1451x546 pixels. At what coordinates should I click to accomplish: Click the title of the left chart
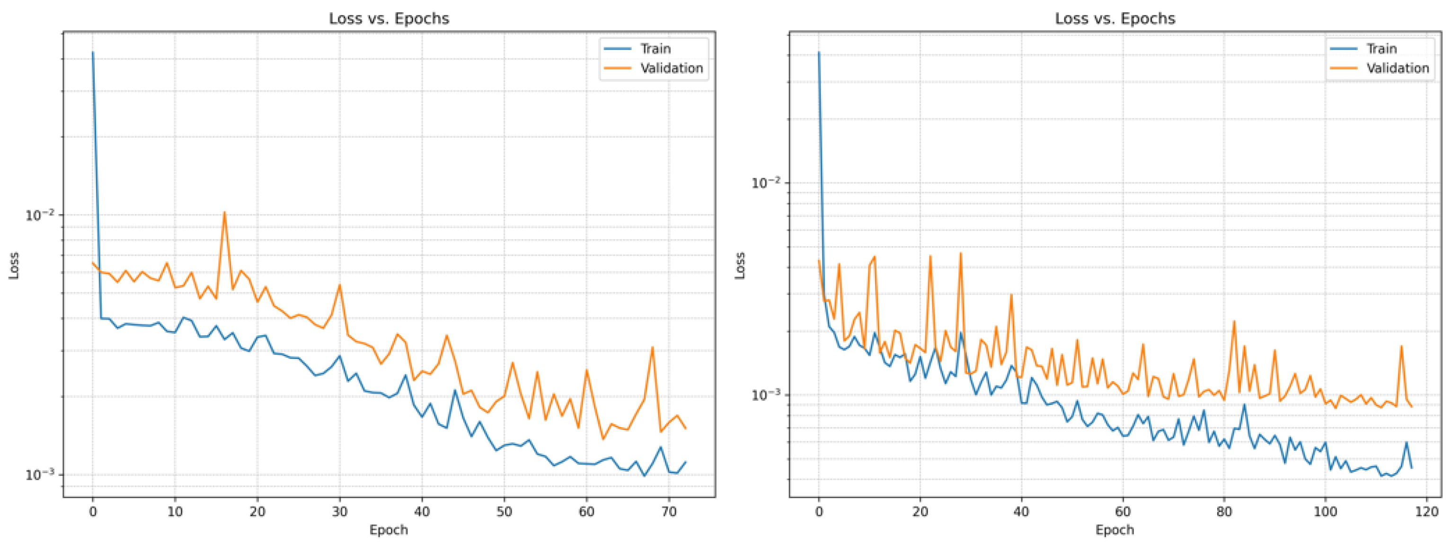tap(389, 18)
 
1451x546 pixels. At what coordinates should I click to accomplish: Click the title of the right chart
tap(1115, 18)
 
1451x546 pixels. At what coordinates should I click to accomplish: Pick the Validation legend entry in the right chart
tap(1398, 68)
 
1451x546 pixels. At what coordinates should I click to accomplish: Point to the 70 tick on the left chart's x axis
tap(669, 511)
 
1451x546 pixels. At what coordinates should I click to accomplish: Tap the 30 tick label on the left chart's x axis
tap(340, 511)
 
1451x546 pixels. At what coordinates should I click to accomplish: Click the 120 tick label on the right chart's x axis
tap(1426, 511)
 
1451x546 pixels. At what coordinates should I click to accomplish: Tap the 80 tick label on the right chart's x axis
tap(1223, 511)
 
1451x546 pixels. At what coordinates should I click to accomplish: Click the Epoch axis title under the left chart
tap(389, 529)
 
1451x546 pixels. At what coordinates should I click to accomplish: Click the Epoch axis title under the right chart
tap(1115, 529)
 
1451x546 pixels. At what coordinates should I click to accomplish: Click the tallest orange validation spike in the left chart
tap(224, 213)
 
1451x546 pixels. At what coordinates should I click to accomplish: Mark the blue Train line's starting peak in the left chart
tap(93, 53)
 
